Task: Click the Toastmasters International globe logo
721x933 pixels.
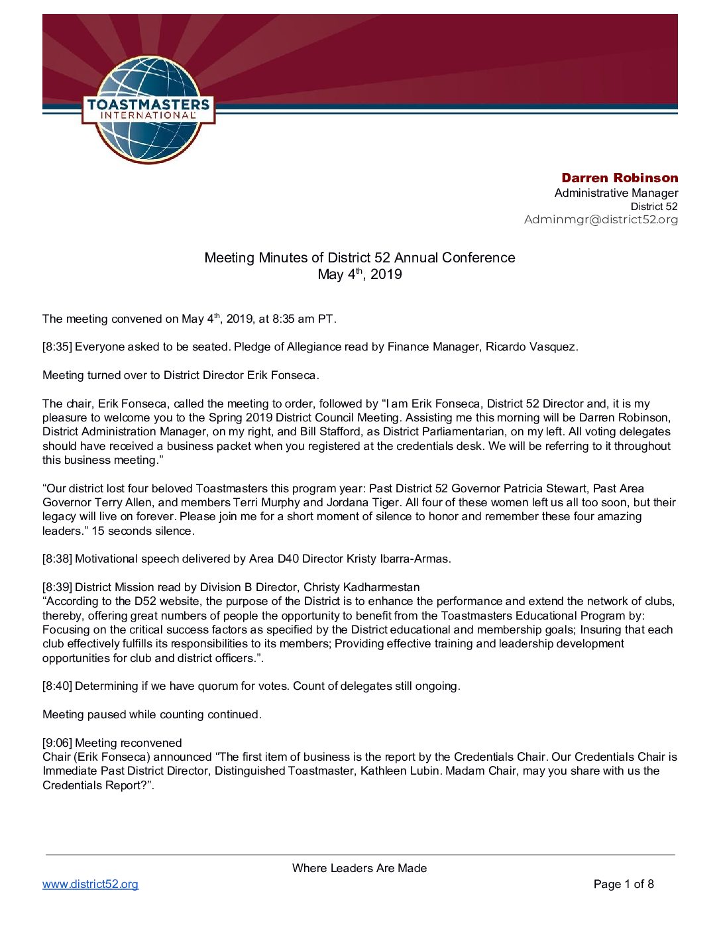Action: pos(148,109)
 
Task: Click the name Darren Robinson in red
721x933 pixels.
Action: pos(620,178)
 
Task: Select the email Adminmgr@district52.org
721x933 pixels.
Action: pos(601,219)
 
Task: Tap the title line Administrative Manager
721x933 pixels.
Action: pos(616,193)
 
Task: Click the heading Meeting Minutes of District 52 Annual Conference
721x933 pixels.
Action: pos(359,258)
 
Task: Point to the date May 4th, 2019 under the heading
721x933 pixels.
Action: pos(359,274)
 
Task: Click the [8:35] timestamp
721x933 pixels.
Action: pos(57,347)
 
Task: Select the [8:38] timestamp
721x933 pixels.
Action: pos(57,559)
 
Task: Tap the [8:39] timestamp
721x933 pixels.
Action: pos(57,587)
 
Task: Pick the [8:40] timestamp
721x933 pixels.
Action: pos(57,686)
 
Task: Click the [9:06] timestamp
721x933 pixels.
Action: pos(57,743)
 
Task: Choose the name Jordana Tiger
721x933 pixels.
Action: pos(362,502)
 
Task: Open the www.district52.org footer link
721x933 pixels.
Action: pos(90,884)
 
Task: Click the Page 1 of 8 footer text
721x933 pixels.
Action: pos(624,884)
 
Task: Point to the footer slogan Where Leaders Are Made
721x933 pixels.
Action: pos(359,868)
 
